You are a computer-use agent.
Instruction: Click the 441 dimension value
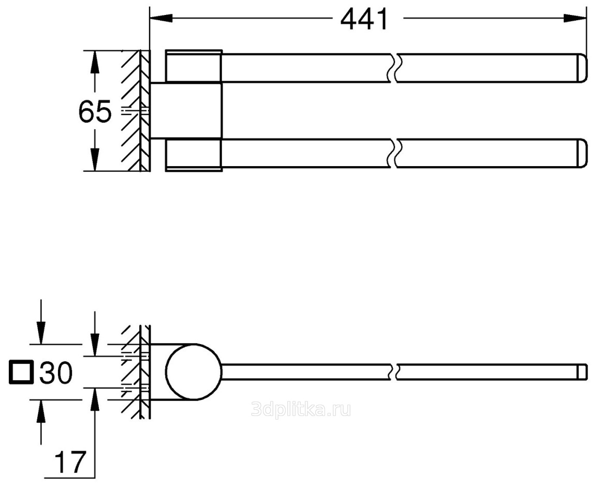click(x=365, y=20)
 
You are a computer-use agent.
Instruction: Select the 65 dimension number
click(x=95, y=112)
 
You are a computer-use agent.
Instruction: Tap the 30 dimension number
click(x=56, y=372)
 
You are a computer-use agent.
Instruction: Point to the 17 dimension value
click(x=70, y=463)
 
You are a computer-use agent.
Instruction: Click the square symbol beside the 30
click(x=20, y=372)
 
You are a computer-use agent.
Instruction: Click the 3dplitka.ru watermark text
click(x=301, y=410)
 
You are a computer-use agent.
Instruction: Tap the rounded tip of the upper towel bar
click(x=582, y=68)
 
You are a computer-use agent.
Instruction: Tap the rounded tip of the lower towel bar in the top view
click(x=582, y=154)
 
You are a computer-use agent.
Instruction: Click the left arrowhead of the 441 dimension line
click(x=161, y=18)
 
